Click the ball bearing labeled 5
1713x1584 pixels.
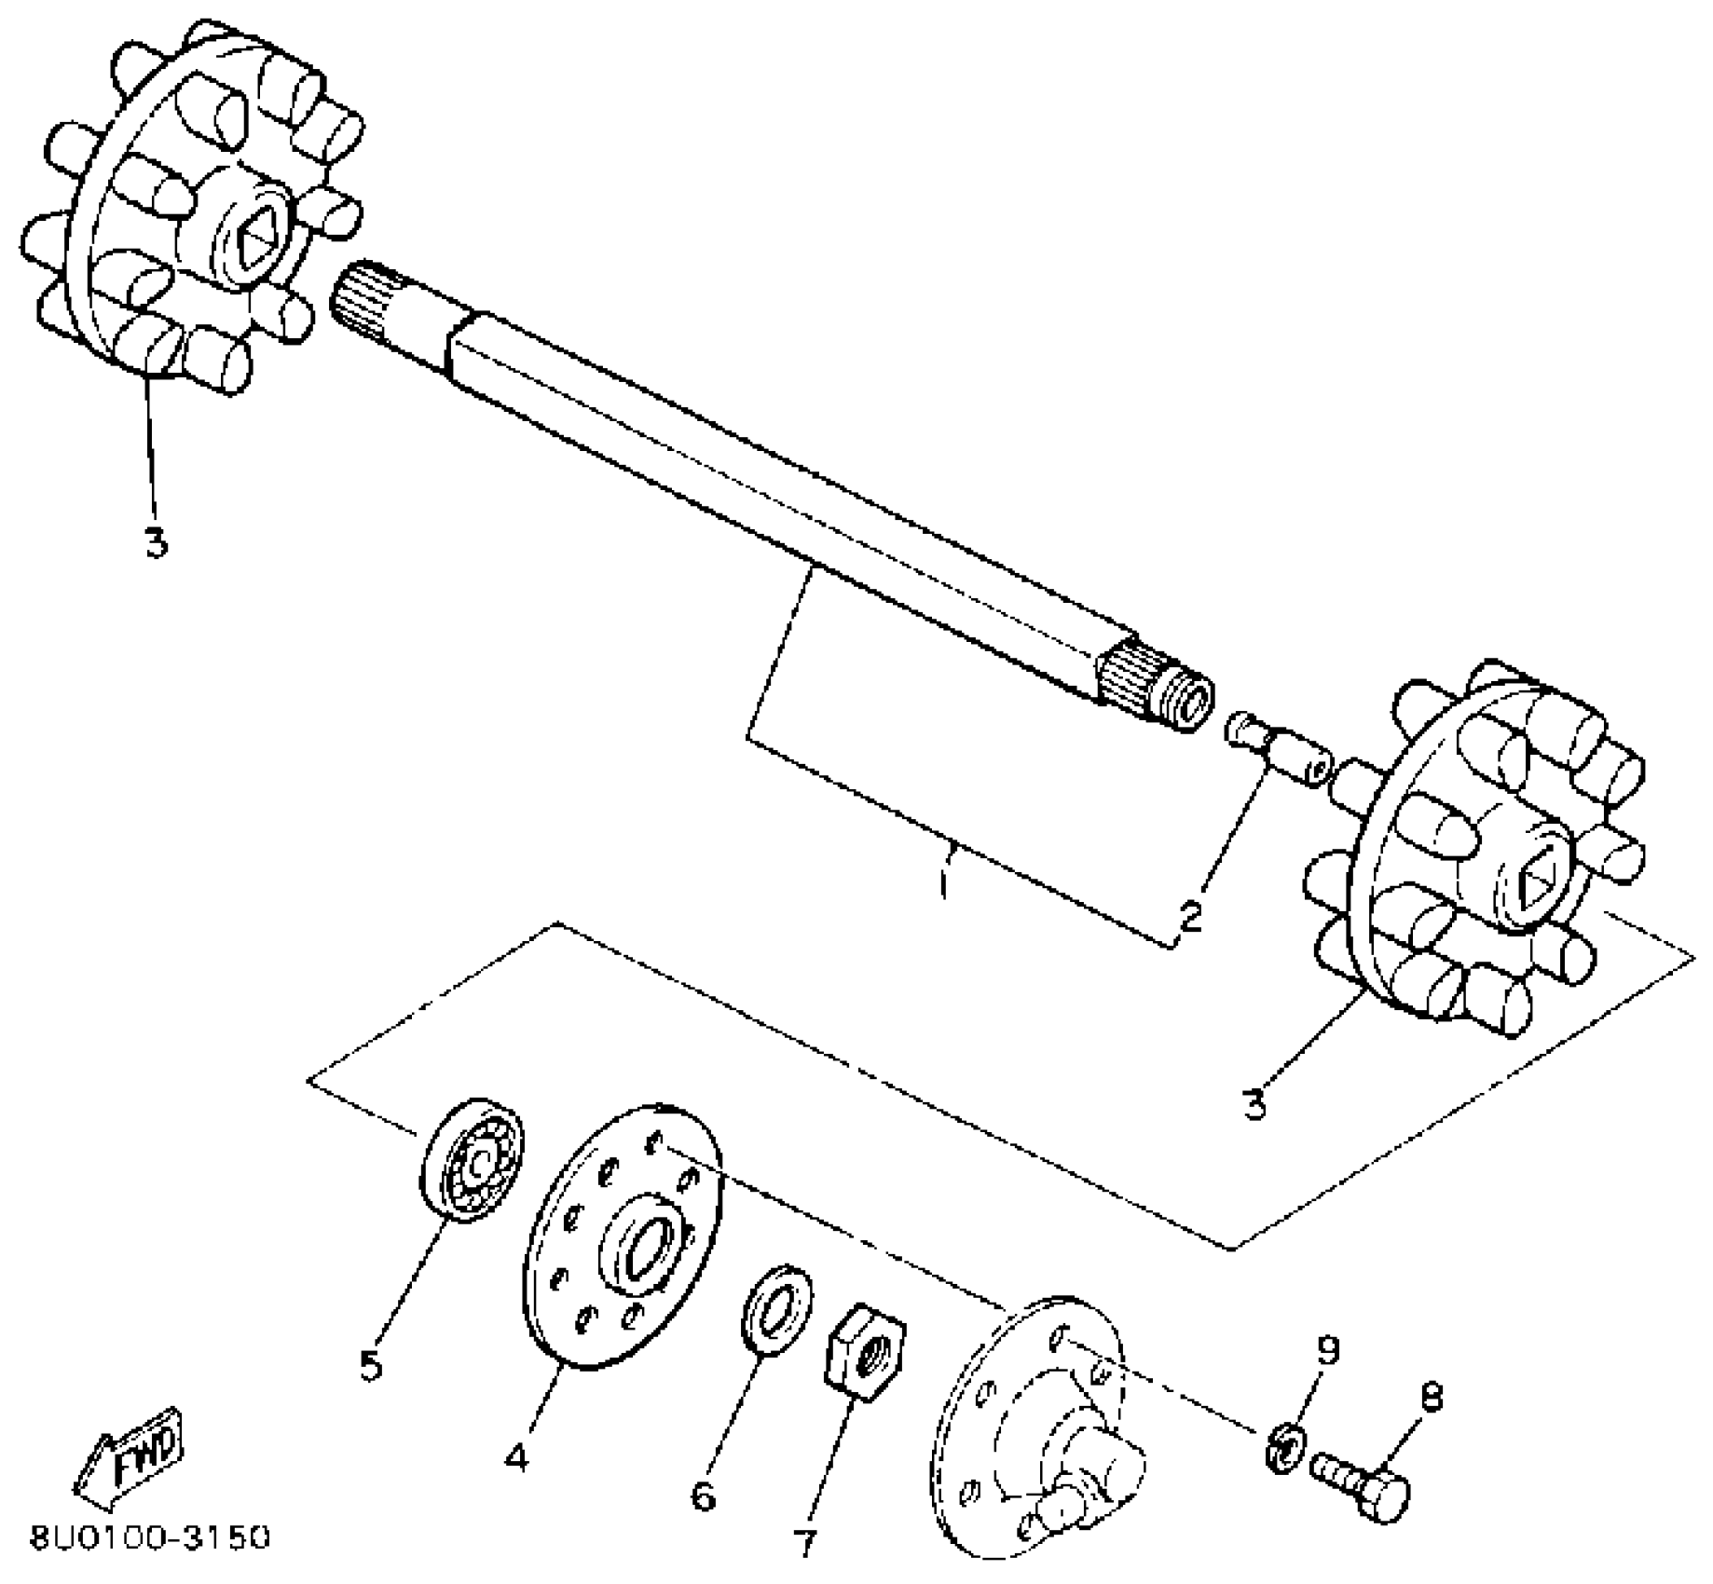point(473,1161)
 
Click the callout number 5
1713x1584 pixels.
point(371,1366)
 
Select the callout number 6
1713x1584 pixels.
point(703,1497)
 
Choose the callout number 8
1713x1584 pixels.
point(1432,1398)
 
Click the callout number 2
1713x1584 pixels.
point(1190,916)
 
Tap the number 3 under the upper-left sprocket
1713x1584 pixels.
point(156,542)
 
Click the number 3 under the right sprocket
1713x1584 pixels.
point(1254,1105)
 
